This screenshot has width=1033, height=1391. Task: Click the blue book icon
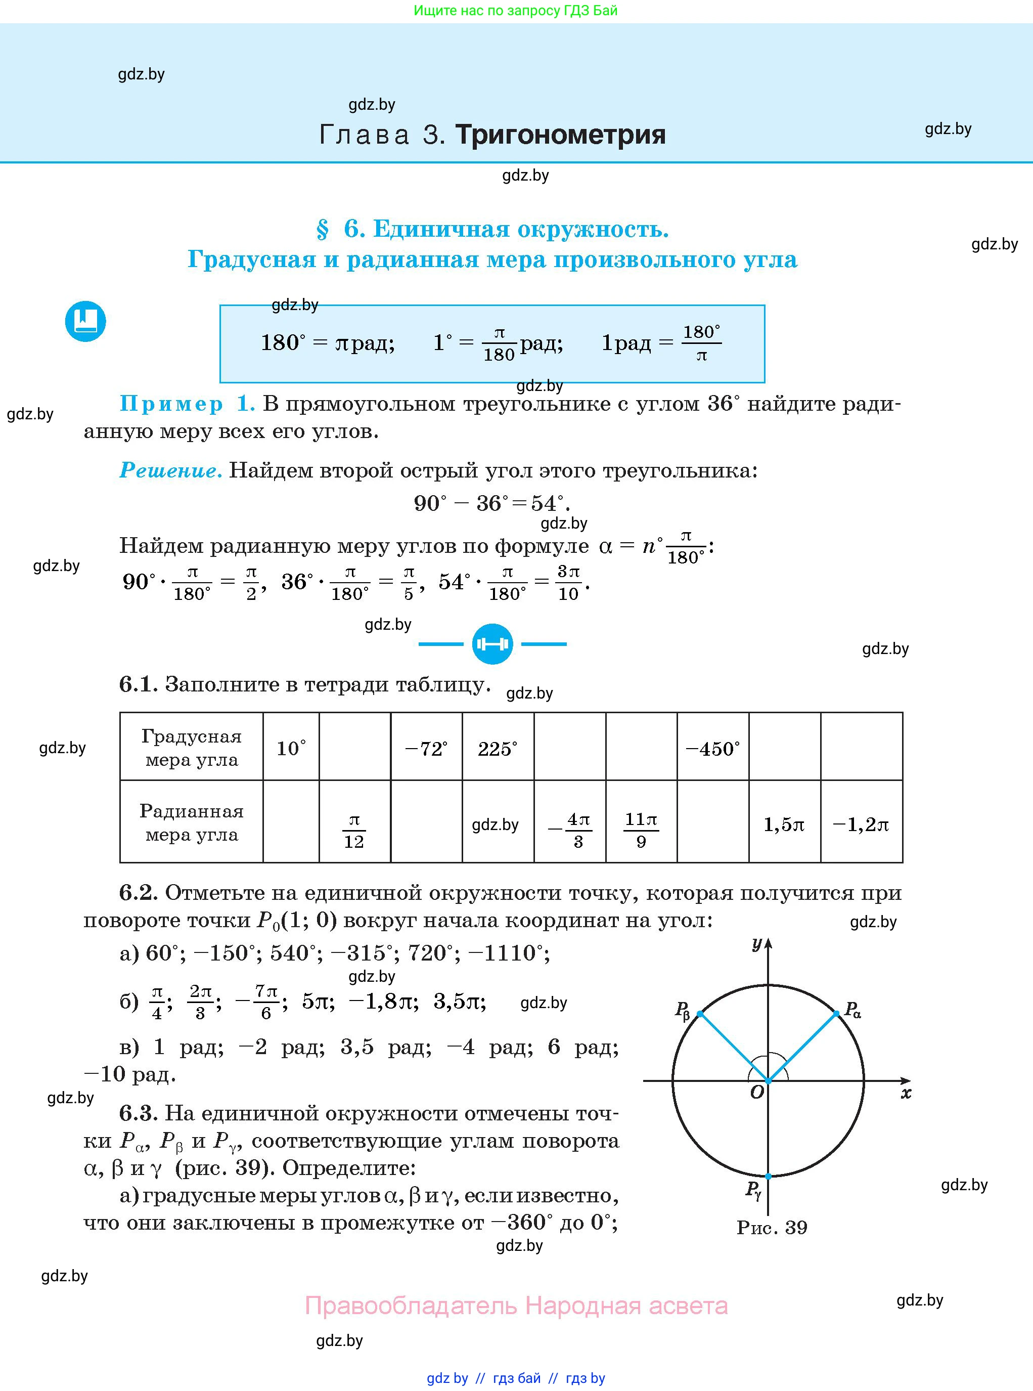coord(85,322)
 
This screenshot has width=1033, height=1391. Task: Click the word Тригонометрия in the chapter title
coord(560,135)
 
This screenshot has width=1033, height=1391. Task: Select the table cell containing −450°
coord(712,748)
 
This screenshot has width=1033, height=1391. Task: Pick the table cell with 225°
coord(498,748)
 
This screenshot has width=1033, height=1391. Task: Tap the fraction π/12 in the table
coord(354,831)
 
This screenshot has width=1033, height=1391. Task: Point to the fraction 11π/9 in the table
coord(641,830)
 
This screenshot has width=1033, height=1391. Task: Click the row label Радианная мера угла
coord(191,822)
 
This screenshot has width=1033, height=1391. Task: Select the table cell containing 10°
coord(291,748)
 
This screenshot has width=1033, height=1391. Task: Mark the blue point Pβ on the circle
coord(700,1013)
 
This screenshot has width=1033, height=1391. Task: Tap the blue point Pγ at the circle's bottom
coord(768,1177)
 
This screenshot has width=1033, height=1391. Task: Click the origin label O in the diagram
coord(756,1093)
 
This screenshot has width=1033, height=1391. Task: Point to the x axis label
coord(906,1093)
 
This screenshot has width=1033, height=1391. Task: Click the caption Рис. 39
coord(772,1227)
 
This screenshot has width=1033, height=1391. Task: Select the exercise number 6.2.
coord(138,893)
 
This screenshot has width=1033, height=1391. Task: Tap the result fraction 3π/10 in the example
coord(568,582)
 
